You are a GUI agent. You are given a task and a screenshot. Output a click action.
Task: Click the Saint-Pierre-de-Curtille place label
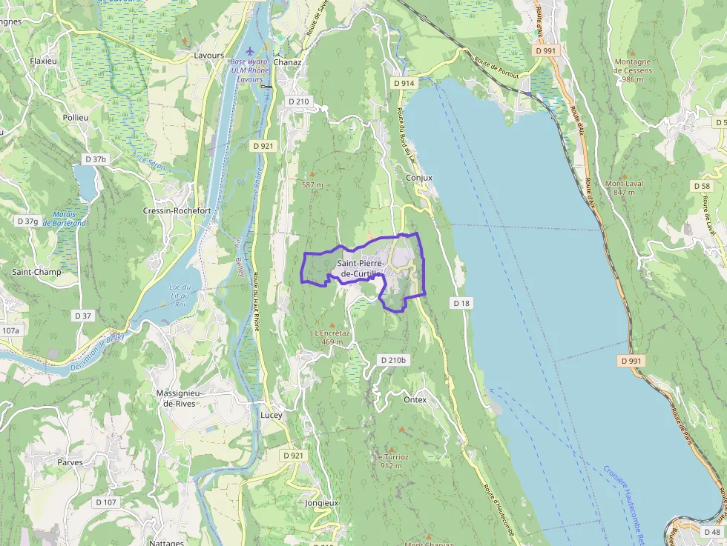click(x=361, y=268)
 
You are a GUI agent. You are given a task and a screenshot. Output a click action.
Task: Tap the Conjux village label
click(x=419, y=178)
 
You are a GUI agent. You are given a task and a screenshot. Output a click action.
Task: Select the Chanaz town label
click(x=287, y=62)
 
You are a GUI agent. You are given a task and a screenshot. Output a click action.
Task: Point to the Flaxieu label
click(x=44, y=61)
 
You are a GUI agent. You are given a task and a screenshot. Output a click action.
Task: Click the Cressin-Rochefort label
click(x=177, y=210)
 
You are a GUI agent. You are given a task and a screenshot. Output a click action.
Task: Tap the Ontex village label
click(x=415, y=399)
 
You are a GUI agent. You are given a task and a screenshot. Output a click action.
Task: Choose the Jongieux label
click(x=321, y=502)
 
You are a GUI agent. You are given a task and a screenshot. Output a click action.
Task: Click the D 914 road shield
click(x=404, y=83)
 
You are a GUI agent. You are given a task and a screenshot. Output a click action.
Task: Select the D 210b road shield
click(x=393, y=360)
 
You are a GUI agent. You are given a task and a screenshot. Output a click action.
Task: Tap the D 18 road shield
click(x=461, y=303)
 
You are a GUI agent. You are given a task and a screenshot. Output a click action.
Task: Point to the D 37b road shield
click(x=96, y=159)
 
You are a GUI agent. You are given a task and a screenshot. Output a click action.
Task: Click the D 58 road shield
click(x=702, y=185)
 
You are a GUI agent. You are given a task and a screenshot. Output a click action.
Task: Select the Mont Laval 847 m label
click(x=624, y=187)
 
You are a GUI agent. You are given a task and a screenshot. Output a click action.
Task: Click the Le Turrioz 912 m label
click(x=391, y=461)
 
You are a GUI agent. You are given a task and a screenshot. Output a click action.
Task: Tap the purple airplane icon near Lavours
click(x=249, y=51)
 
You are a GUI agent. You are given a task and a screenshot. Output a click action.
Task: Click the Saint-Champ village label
click(x=36, y=272)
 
